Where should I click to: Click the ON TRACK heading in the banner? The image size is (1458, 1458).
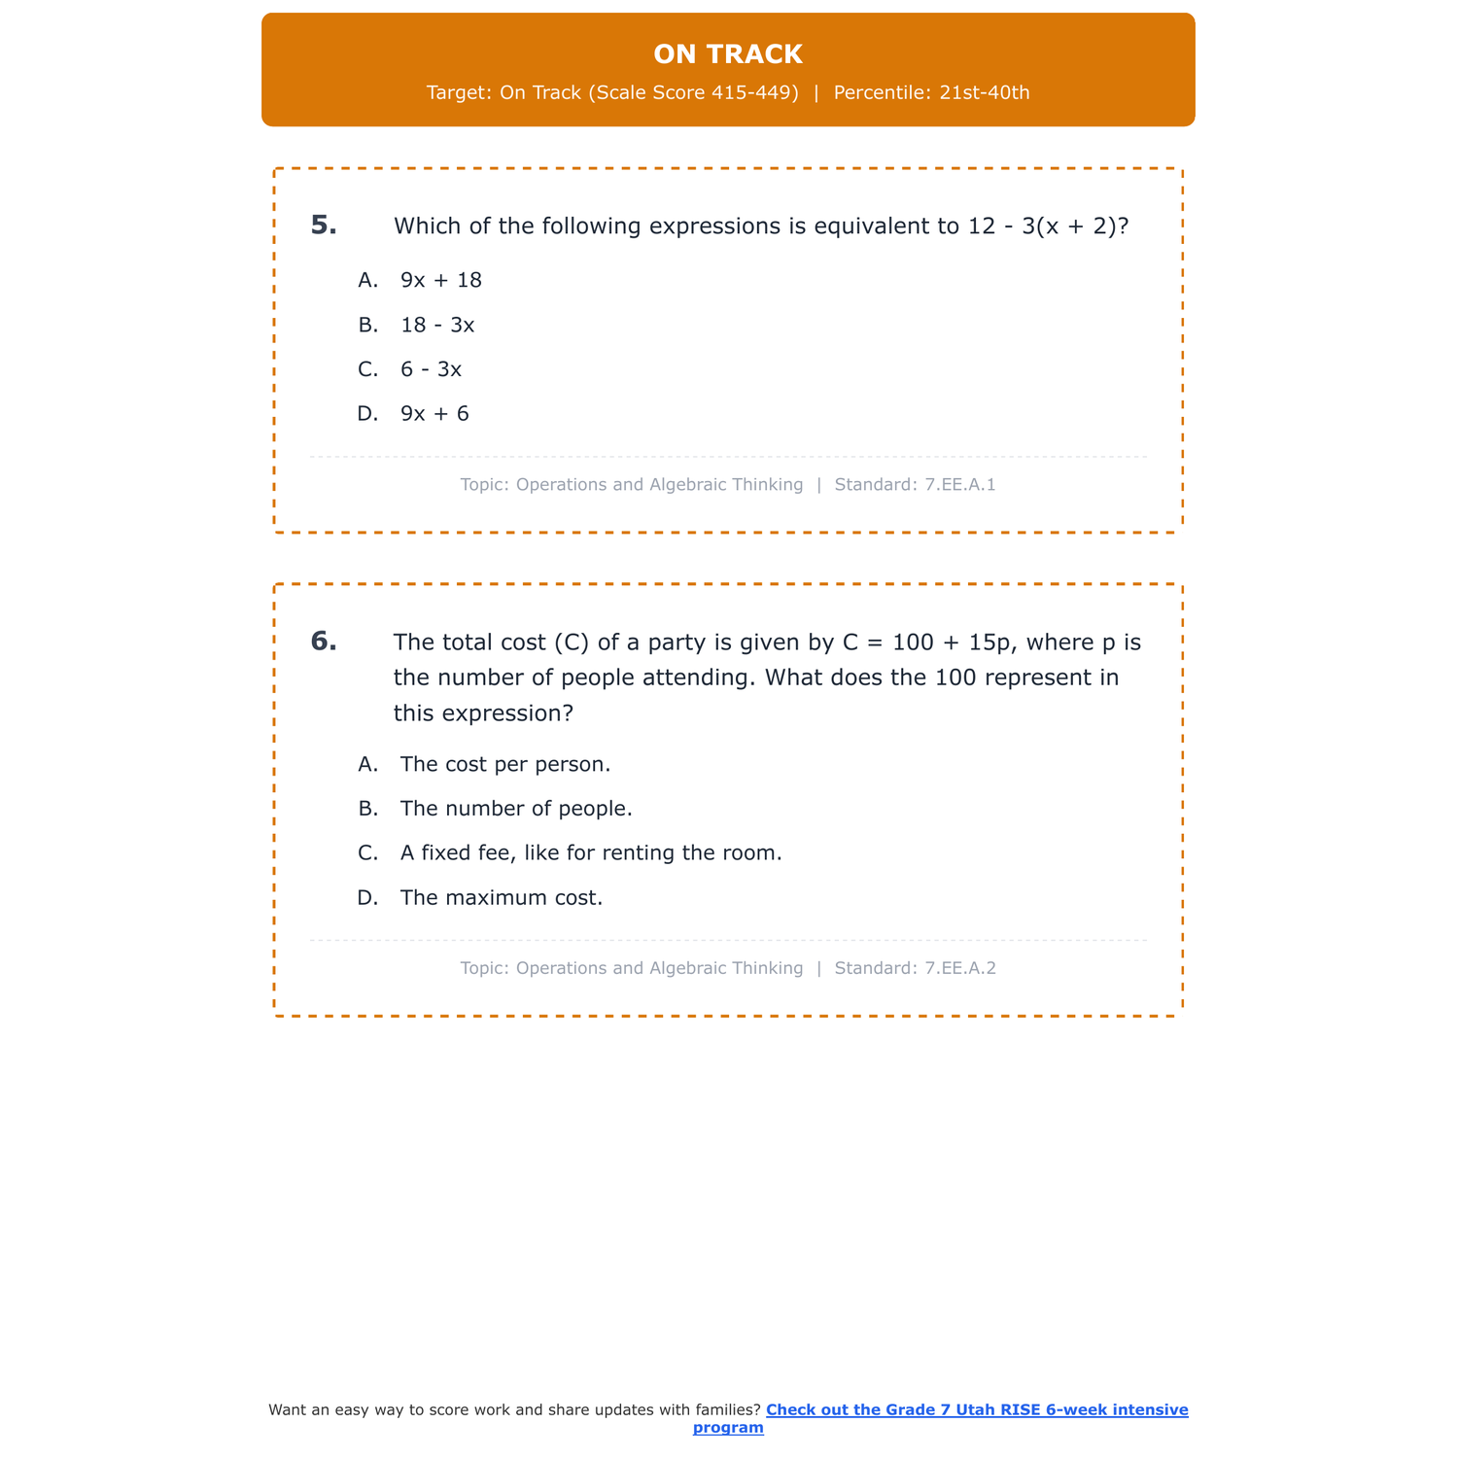pos(728,54)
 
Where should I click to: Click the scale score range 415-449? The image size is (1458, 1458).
pos(761,93)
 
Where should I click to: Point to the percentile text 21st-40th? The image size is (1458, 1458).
pos(984,93)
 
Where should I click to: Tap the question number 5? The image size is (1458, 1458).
pos(324,226)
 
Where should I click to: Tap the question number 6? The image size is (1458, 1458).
pos(324,642)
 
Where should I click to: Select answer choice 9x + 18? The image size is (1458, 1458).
pos(441,281)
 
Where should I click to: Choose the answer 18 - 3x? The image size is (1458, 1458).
pos(437,326)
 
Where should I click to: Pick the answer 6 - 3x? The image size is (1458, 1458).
pos(431,370)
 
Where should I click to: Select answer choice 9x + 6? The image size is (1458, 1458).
pos(434,414)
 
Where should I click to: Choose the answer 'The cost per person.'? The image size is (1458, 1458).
pos(505,765)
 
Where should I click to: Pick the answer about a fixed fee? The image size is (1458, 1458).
pos(591,853)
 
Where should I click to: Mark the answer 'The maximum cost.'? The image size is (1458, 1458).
pos(502,898)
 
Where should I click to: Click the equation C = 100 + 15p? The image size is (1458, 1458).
pos(928,642)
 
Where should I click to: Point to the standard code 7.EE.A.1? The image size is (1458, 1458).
pos(959,485)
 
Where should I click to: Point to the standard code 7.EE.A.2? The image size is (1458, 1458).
pos(959,969)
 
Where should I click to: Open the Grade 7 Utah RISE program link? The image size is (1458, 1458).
pos(976,1410)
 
